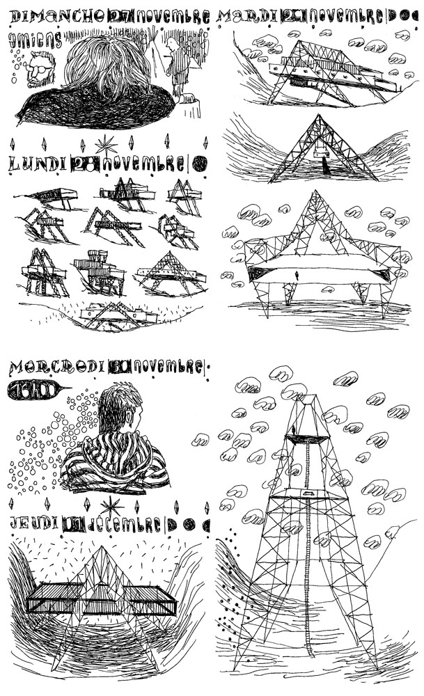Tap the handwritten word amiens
(35, 40)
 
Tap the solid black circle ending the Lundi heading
(199, 164)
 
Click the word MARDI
(247, 17)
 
